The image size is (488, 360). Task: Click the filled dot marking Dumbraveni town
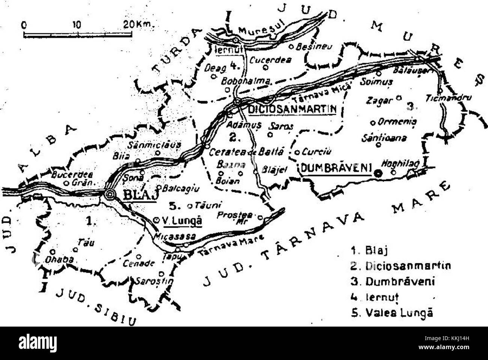tap(378, 173)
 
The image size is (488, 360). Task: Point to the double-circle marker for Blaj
tap(110, 194)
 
